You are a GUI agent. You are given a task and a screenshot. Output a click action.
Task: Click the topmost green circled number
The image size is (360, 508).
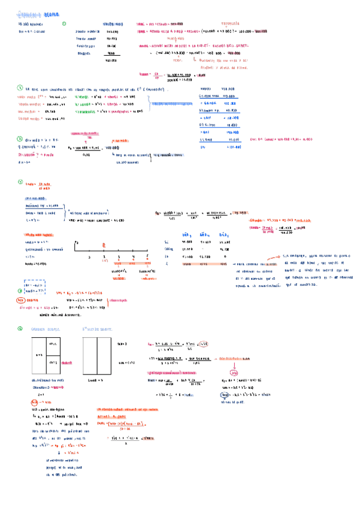point(64,24)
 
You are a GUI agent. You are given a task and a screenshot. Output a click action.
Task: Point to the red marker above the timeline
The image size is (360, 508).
point(104,244)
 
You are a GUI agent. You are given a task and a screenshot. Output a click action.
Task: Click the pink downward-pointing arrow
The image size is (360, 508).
point(234,366)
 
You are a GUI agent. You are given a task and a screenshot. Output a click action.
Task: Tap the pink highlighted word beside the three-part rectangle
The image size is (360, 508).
point(66,362)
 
